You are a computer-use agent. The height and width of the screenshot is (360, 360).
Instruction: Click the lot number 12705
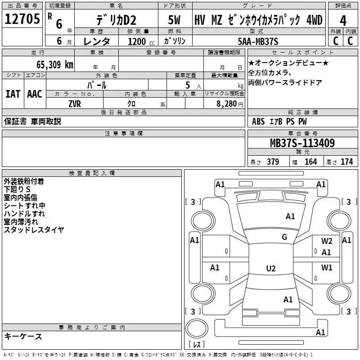(22, 20)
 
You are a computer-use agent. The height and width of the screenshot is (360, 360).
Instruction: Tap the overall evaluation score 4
(343, 21)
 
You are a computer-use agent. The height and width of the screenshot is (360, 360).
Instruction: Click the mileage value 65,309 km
(49, 64)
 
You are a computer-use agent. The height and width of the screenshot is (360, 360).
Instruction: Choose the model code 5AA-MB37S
(258, 42)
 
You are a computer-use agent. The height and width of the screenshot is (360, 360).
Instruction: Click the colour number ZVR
(75, 103)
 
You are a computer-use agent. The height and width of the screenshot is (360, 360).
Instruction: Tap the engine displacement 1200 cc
(137, 42)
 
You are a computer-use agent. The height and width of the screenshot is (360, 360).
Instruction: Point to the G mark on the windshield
(284, 237)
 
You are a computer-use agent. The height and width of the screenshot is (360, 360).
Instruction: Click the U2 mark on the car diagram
(270, 269)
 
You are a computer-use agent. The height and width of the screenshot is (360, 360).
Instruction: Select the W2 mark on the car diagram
(327, 241)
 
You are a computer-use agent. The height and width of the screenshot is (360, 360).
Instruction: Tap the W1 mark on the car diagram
(327, 268)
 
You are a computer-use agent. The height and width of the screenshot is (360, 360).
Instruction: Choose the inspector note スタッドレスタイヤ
(34, 230)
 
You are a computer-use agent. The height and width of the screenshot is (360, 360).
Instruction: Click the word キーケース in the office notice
(23, 336)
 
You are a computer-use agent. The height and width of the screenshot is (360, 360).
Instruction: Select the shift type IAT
(13, 94)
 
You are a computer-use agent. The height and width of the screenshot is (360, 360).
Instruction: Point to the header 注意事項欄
(124, 134)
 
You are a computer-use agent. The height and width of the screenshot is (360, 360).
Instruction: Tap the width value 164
(310, 162)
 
